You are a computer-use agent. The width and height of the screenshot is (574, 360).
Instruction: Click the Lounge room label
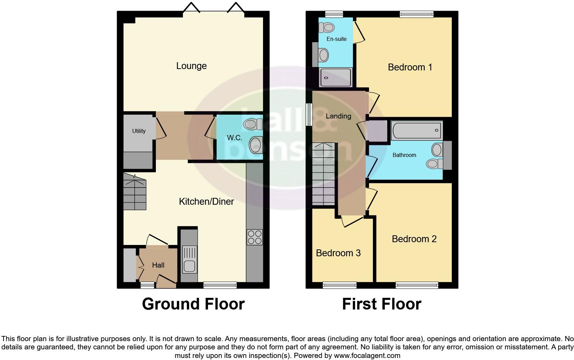[191, 66]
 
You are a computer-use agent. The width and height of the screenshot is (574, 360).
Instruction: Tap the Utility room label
[139, 131]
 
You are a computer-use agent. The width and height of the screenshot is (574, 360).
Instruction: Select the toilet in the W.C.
[253, 124]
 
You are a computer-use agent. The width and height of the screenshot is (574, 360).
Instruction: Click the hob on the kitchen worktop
[254, 237]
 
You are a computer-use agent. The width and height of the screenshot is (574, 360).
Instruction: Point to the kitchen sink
[189, 266]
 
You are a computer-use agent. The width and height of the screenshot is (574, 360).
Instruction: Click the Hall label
[158, 265]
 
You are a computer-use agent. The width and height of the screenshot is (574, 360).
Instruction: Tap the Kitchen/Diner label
[206, 201]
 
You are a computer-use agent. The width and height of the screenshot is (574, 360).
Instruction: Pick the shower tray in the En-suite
[335, 77]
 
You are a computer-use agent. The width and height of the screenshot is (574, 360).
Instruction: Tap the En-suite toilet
[327, 27]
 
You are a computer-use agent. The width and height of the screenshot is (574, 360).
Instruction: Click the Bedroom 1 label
[410, 67]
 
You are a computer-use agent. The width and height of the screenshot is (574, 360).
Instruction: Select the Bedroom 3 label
[338, 253]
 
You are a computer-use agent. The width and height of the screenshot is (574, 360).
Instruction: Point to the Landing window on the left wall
[309, 114]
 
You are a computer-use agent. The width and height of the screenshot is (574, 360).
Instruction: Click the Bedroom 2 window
[416, 285]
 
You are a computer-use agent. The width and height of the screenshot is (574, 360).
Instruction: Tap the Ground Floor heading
[193, 304]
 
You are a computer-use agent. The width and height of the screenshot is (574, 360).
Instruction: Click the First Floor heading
[381, 304]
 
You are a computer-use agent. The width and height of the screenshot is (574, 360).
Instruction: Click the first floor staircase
[323, 175]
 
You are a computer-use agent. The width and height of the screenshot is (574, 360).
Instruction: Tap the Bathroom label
[404, 155]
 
